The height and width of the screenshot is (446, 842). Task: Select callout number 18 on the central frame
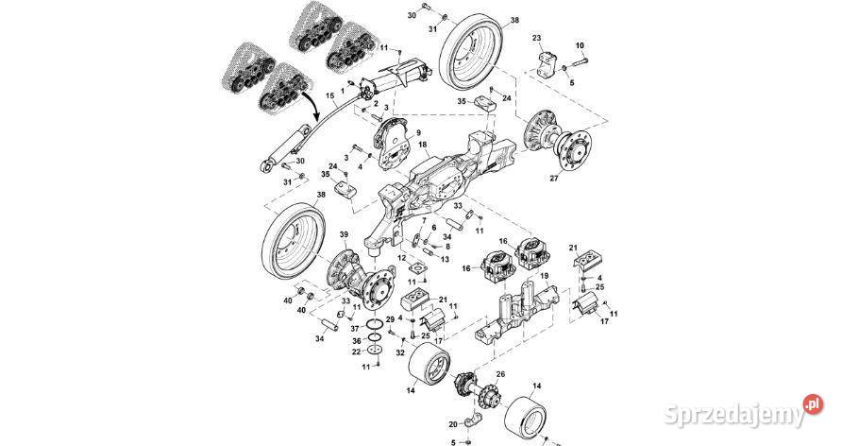[424, 148]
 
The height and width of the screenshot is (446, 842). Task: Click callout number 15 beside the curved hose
[329, 96]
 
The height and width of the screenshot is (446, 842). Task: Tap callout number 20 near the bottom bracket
[452, 422]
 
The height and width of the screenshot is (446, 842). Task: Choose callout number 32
[400, 352]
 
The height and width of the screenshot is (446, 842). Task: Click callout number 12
[401, 258]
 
